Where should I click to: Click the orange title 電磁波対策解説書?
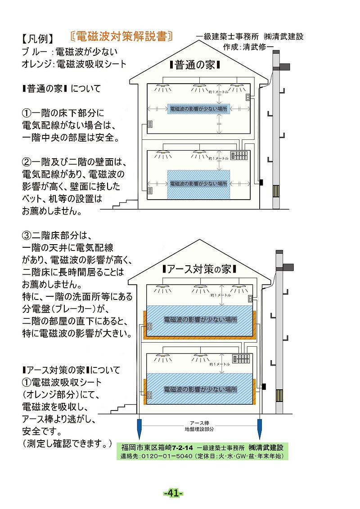coord(121,36)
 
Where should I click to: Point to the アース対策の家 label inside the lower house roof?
coord(198,269)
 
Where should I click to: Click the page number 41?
coord(173,493)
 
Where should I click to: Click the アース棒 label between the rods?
coord(199,423)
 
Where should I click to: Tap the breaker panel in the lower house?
coord(241,359)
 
